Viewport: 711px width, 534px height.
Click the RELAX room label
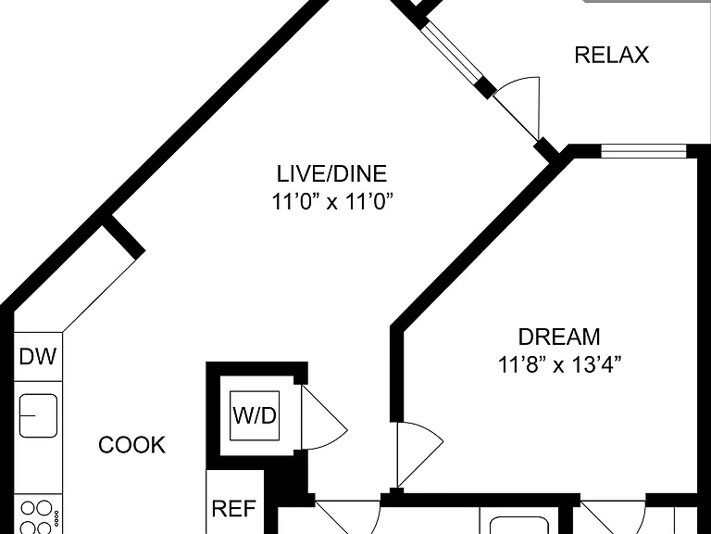pyautogui.click(x=612, y=55)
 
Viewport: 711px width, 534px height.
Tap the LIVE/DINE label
pyautogui.click(x=332, y=173)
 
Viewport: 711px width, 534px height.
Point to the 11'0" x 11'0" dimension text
pyautogui.click(x=332, y=201)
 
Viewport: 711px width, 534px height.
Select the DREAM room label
pyautogui.click(x=559, y=337)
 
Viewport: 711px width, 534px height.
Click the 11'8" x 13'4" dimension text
pyautogui.click(x=559, y=364)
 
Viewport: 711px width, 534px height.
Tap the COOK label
pyautogui.click(x=132, y=445)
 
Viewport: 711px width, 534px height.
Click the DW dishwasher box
pyautogui.click(x=38, y=356)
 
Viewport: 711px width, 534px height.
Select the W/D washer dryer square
pyautogui.click(x=255, y=415)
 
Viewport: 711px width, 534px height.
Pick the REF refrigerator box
pyautogui.click(x=235, y=502)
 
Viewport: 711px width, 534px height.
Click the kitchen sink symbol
pyautogui.click(x=38, y=415)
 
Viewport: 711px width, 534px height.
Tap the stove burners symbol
pyautogui.click(x=38, y=516)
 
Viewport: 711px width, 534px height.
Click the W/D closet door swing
pyautogui.click(x=324, y=418)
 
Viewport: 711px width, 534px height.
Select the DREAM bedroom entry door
pyautogui.click(x=419, y=455)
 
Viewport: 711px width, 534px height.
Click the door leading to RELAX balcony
pyautogui.click(x=517, y=109)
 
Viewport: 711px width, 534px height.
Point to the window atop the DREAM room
pyautogui.click(x=644, y=151)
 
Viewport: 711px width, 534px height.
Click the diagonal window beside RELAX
pyautogui.click(x=451, y=52)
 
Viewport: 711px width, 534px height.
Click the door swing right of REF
pyautogui.click(x=348, y=516)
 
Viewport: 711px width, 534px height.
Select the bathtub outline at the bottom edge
pyautogui.click(x=519, y=525)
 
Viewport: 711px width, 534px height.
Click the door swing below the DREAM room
pyautogui.click(x=613, y=516)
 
